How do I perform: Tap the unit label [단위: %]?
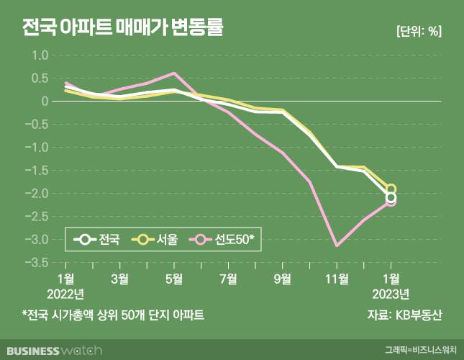[x=419, y=31]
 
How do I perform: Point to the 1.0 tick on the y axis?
[x=38, y=55]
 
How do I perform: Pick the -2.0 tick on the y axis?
[x=35, y=194]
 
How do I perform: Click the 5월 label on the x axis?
[x=174, y=279]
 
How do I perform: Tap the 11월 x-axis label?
[x=336, y=279]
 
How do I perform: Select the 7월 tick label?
[x=228, y=279]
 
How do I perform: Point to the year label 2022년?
[x=65, y=293]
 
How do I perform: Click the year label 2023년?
[x=391, y=293]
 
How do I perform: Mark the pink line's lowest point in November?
[x=336, y=246]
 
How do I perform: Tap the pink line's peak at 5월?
[x=173, y=73]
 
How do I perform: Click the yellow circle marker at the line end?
[x=391, y=189]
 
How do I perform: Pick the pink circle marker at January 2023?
[x=391, y=202]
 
